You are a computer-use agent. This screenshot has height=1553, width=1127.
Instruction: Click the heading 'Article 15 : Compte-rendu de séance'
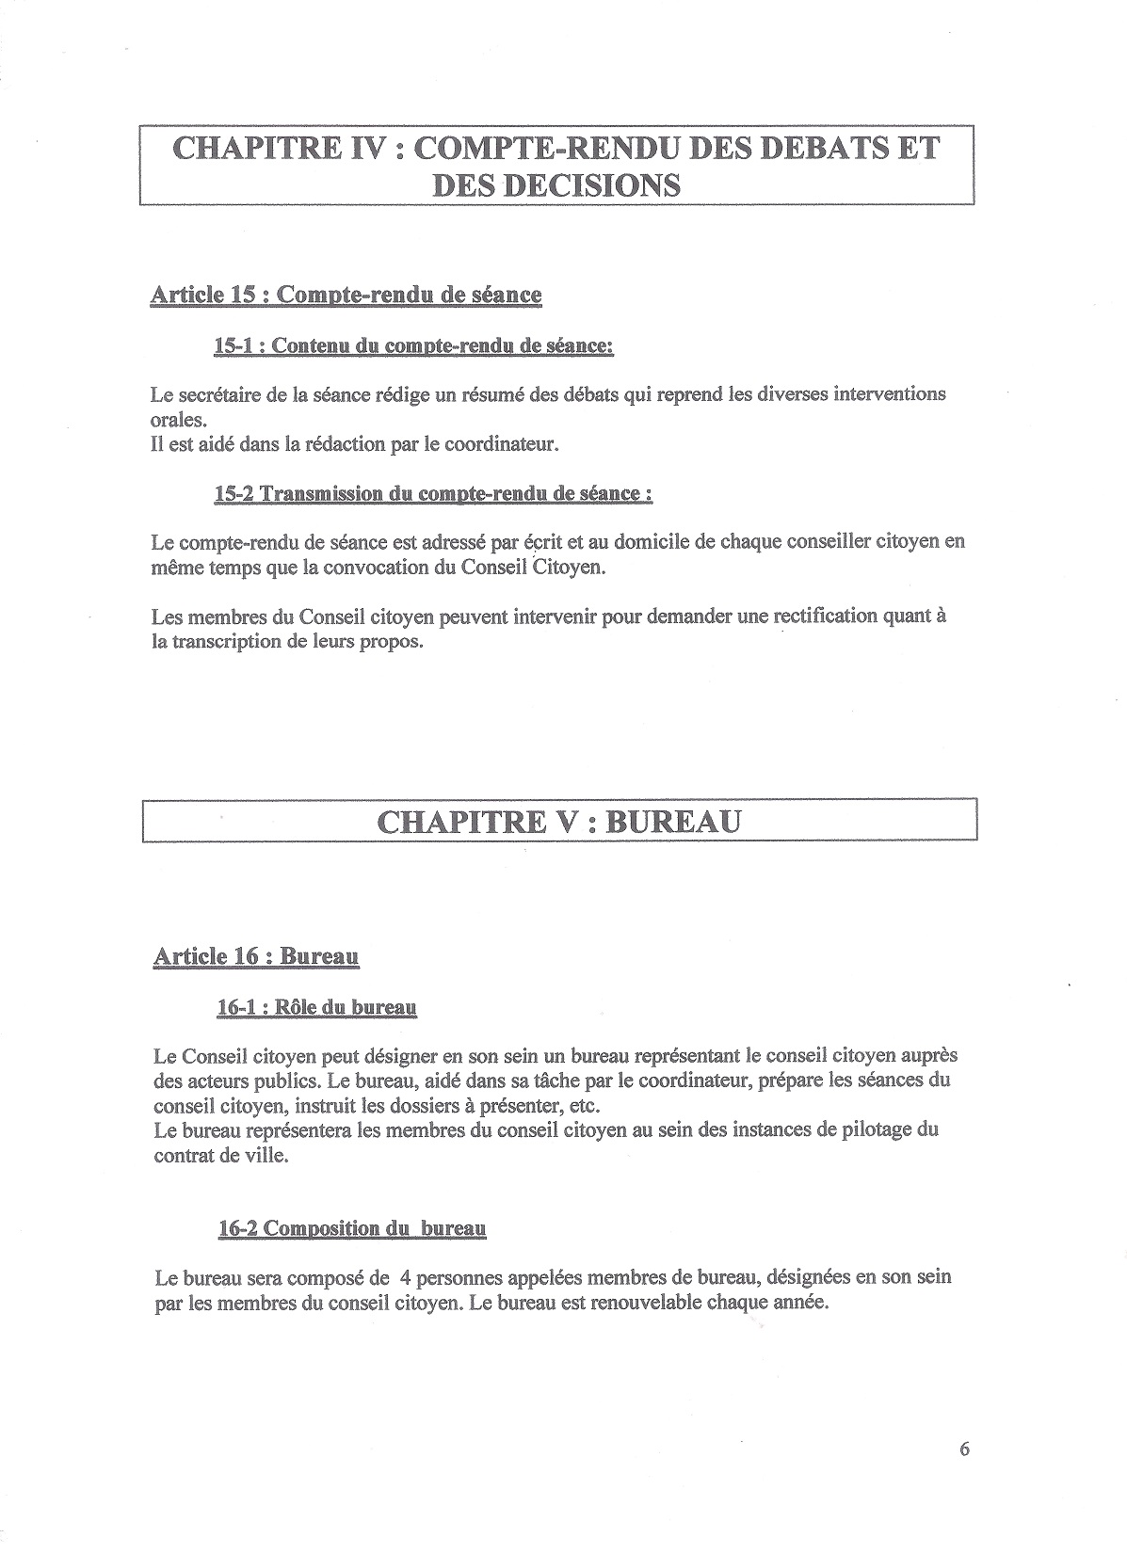coord(346,295)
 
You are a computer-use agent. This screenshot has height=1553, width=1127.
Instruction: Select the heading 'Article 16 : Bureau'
coord(256,957)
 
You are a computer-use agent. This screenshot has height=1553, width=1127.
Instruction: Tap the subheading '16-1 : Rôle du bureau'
coord(316,1007)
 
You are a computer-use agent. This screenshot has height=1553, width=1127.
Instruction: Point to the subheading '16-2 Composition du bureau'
coord(350,1228)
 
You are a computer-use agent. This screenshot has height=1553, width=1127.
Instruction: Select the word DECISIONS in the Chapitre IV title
coord(555,184)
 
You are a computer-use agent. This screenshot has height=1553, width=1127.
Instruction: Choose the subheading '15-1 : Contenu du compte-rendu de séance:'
coord(414,346)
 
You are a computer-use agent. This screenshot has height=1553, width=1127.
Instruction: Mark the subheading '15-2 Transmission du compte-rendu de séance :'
coord(433,494)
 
